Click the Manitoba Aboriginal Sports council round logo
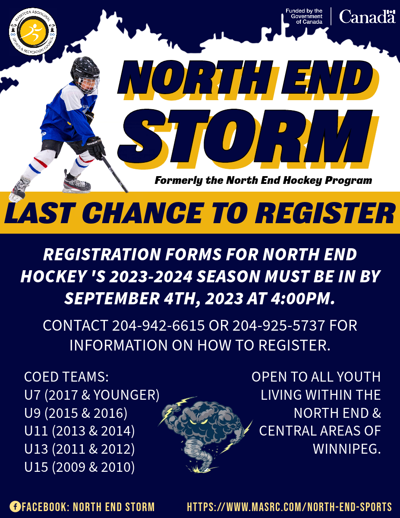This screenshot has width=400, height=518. pos(33,32)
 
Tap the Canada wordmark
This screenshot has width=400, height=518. pos(367,16)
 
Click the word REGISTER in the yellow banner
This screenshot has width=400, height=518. pos(325,213)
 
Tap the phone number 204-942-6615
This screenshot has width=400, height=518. pos(158,325)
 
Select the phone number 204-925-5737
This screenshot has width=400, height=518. pos(278,325)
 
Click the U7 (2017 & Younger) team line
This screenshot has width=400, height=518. pos(92,395)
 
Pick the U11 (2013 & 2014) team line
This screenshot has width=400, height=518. pos(79,431)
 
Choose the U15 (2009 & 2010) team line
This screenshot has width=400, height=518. pos(79,467)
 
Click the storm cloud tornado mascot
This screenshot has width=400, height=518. pos(205,435)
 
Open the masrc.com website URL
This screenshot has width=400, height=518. pos(289,506)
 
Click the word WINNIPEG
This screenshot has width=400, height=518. pos(347,449)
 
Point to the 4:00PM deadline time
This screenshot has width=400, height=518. pos(302,299)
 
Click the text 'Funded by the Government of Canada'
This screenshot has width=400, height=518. pos(304,16)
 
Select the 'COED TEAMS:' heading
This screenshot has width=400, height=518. pos(66,377)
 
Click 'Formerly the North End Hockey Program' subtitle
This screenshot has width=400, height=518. pos(263,180)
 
